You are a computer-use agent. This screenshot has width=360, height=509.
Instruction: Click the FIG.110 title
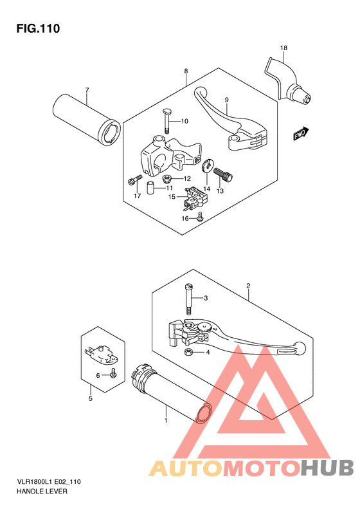39,28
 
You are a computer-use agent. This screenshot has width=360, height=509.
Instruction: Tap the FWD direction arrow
301,133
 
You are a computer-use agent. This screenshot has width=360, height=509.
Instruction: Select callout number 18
283,48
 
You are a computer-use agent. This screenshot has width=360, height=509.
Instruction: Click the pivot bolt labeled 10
166,121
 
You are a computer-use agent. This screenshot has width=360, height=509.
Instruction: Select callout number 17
137,196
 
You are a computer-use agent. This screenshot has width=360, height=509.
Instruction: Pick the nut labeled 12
166,178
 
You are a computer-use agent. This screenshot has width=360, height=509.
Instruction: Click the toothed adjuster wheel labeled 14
206,166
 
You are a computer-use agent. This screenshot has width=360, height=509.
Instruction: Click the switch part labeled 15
194,198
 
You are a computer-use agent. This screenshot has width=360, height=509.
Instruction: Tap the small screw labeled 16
200,217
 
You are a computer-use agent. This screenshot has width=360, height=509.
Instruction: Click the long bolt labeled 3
189,299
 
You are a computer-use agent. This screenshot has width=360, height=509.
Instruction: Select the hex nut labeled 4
188,351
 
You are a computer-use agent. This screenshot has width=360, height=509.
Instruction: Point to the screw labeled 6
113,373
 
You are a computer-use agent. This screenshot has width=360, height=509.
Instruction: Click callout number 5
91,398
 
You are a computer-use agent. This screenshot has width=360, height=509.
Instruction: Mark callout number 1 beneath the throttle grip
166,420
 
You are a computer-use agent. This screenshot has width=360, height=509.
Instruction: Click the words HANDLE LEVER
42,492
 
